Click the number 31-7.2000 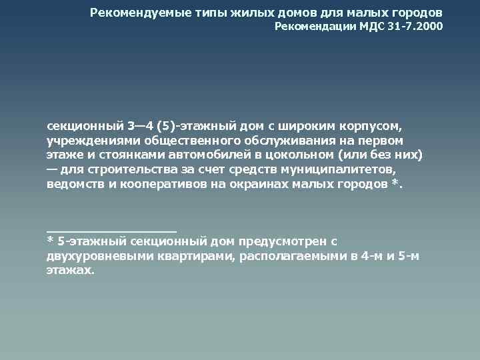[414, 27]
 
